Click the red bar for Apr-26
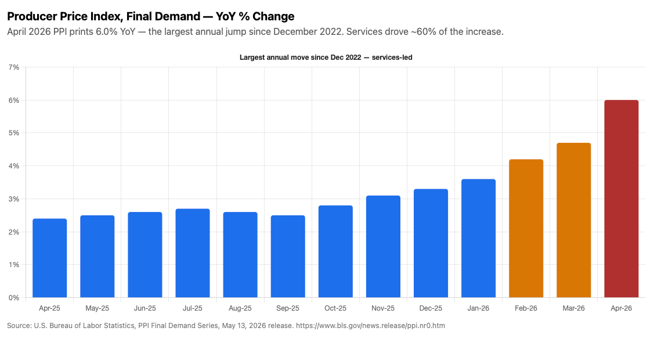621,199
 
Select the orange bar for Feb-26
526,228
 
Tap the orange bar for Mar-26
573,220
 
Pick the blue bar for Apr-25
50,258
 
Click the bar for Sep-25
288,256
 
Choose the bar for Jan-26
478,238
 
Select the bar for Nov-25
383,247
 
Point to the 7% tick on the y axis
14,67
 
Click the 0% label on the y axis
14,298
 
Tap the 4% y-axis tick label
14,166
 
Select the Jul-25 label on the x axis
192,308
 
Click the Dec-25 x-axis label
431,308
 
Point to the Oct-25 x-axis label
335,308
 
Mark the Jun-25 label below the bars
144,308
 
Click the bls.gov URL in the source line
370,326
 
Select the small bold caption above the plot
326,57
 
